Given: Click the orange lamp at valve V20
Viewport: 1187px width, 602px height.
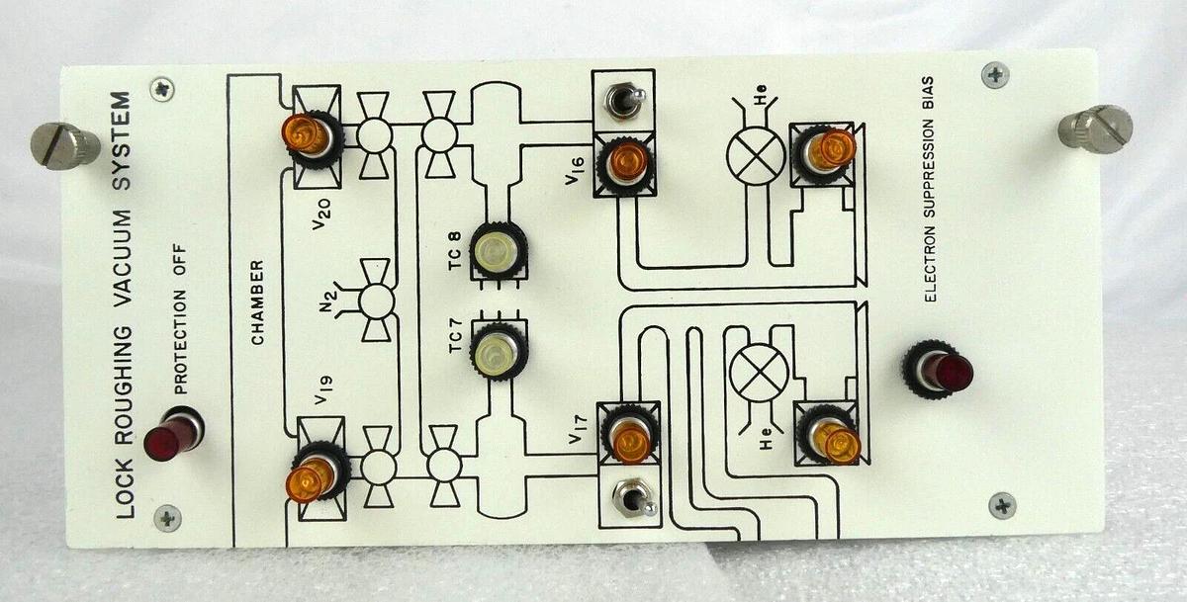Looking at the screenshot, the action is pyautogui.click(x=307, y=134).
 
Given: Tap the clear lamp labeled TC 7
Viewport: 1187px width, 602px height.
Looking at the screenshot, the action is pyautogui.click(x=499, y=352).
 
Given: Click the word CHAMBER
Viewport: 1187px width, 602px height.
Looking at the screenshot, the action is pyautogui.click(x=258, y=302).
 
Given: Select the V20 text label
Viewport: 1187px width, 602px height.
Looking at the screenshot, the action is pyautogui.click(x=321, y=214).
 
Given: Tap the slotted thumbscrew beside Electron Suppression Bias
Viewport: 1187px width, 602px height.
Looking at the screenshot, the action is pyautogui.click(x=1095, y=129).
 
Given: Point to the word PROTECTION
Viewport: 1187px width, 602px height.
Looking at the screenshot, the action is pyautogui.click(x=180, y=342).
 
